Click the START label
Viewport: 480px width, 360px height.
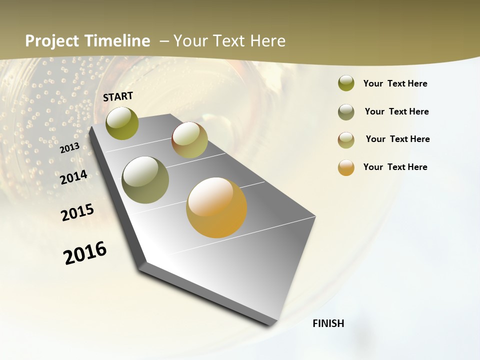118,96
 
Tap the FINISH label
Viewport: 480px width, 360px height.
328,323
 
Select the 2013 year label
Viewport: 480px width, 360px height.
69,148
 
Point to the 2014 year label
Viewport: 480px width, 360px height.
73,177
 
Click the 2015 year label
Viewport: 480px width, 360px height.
77,212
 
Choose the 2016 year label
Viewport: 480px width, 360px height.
85,252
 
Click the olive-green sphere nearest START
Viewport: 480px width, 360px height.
122,123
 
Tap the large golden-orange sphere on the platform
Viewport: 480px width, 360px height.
216,207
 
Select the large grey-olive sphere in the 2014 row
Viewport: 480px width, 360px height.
145,180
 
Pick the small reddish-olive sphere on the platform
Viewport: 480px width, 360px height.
189,140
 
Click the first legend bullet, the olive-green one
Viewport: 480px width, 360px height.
346,83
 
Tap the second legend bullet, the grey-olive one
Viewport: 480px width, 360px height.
346,112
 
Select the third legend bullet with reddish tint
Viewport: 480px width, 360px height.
346,140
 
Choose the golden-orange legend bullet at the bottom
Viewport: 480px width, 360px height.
346,167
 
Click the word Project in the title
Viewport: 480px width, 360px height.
52,41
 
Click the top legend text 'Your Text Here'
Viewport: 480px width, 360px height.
395,83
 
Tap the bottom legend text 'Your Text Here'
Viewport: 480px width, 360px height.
395,167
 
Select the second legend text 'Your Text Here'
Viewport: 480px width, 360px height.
396,111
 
